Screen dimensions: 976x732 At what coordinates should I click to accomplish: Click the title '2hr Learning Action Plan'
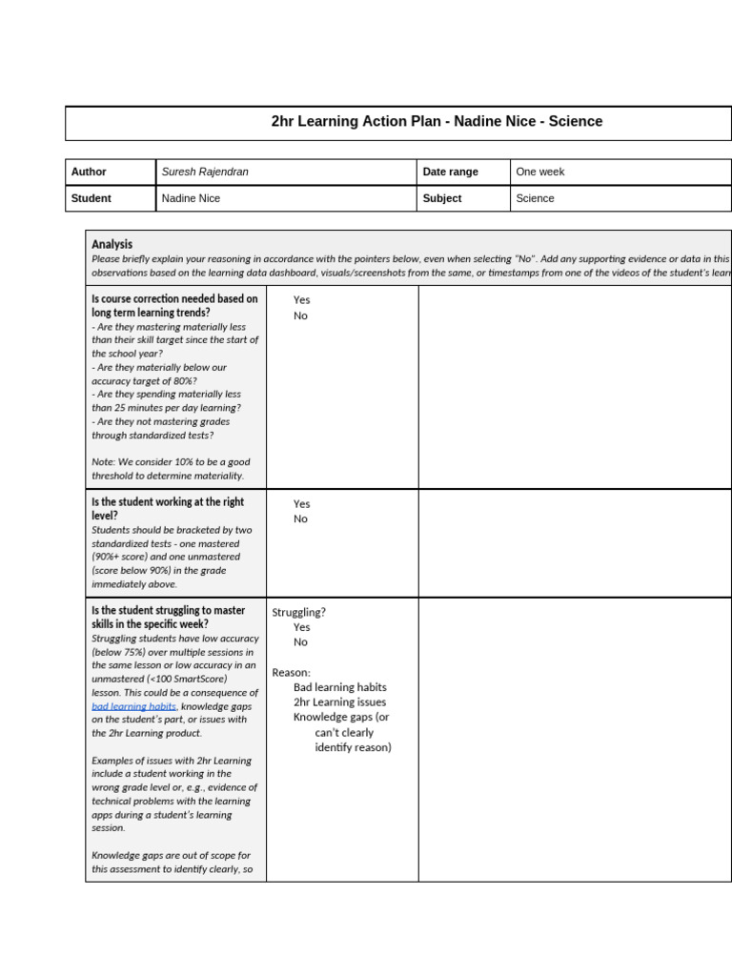437,122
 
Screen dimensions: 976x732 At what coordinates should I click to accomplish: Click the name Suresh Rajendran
205,172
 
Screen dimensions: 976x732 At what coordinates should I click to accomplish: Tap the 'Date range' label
450,172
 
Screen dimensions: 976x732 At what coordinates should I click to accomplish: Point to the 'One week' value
540,172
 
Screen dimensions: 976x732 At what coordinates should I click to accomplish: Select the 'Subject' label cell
442,198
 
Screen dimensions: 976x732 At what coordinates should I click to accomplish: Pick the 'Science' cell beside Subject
535,198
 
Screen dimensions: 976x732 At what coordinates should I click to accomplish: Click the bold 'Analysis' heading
112,244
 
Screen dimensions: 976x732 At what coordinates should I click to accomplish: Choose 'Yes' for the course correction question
301,300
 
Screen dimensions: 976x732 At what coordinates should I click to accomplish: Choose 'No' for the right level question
300,518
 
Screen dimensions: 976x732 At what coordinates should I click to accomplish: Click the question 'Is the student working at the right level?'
168,508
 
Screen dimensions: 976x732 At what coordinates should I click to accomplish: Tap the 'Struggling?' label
298,612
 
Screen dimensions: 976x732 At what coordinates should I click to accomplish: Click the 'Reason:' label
291,672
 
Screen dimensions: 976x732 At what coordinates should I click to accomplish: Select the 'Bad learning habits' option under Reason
339,687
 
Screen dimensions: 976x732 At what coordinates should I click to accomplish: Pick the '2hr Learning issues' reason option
339,702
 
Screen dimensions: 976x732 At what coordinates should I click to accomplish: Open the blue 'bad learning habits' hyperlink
133,706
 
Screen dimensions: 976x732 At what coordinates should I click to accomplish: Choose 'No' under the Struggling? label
300,642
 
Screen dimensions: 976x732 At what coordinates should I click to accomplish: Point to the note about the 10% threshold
171,468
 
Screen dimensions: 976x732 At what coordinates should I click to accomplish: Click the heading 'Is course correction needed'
174,305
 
